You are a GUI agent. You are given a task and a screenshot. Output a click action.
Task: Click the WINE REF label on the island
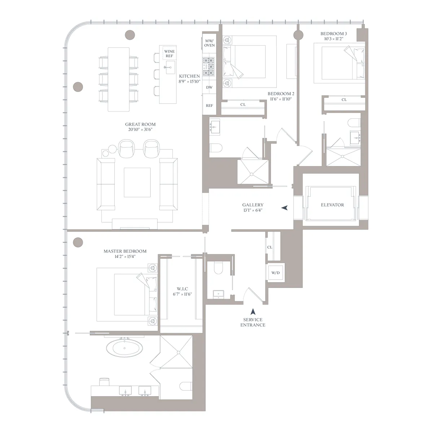pyautogui.click(x=169, y=54)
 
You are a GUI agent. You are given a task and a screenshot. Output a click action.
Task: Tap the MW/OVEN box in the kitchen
pyautogui.click(x=209, y=43)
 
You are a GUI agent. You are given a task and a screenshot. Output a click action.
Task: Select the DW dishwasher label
pyautogui.click(x=209, y=88)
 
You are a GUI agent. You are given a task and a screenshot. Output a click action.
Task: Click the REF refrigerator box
pyautogui.click(x=209, y=106)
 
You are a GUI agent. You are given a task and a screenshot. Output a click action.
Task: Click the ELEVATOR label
pyautogui.click(x=332, y=205)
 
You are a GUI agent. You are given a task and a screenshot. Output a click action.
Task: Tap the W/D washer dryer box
pyautogui.click(x=275, y=273)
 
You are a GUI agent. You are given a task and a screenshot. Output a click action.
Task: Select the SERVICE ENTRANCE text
pyautogui.click(x=254, y=322)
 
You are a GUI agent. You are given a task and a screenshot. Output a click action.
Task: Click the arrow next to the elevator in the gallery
pyautogui.click(x=285, y=208)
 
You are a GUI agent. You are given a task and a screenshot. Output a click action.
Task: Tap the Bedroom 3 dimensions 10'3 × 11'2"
pyautogui.click(x=334, y=39)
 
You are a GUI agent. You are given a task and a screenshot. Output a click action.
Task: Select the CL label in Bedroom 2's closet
pyautogui.click(x=243, y=105)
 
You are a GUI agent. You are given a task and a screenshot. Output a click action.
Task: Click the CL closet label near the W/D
pyautogui.click(x=270, y=248)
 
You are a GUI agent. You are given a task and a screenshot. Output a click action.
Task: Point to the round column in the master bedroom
pyautogui.click(x=78, y=242)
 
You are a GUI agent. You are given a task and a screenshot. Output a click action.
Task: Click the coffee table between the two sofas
pyautogui.click(x=137, y=182)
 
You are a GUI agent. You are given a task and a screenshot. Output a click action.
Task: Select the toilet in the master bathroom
pyautogui.click(x=188, y=386)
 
